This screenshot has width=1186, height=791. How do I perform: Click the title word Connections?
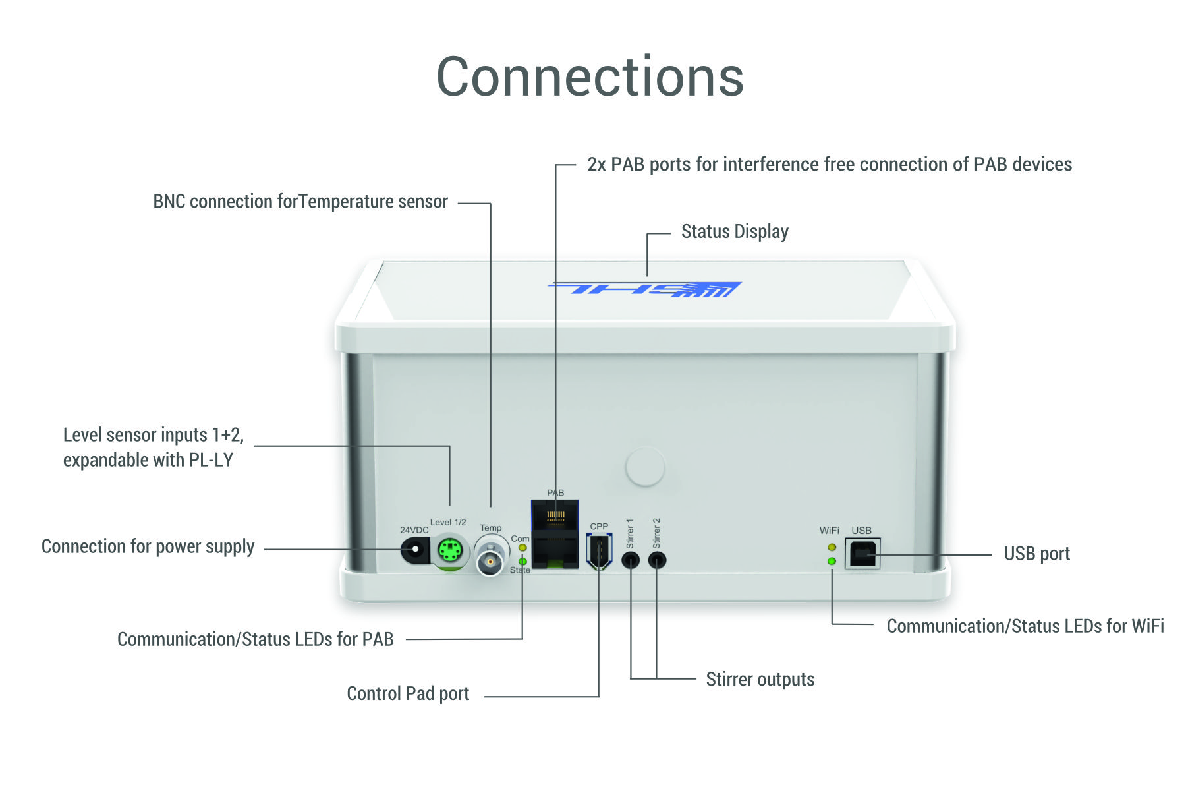(590, 76)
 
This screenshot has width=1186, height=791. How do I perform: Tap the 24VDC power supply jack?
(415, 550)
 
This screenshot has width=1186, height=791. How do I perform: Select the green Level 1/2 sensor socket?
(450, 550)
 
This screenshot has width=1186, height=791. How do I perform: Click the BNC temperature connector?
(490, 561)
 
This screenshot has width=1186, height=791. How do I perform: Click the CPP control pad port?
(599, 551)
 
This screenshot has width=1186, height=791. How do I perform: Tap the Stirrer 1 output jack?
(631, 560)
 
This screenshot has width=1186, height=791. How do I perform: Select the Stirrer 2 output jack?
(657, 560)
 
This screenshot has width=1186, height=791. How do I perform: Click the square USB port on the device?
(862, 554)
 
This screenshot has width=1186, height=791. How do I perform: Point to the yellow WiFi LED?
(832, 547)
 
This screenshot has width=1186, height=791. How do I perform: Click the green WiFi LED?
(832, 561)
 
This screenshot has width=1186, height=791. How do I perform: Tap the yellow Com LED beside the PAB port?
(522, 548)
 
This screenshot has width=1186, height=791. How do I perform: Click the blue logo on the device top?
(645, 289)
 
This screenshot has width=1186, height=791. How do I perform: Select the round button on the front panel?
(645, 467)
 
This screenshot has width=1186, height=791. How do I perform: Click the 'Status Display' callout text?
(735, 232)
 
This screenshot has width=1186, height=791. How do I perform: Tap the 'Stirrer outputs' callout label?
(760, 680)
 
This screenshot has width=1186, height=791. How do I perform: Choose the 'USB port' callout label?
(1037, 554)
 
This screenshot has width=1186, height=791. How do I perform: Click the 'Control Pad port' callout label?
(408, 693)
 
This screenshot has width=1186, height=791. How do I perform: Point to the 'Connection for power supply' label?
(148, 546)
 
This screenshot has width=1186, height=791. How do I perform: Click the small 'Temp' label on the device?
(491, 528)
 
